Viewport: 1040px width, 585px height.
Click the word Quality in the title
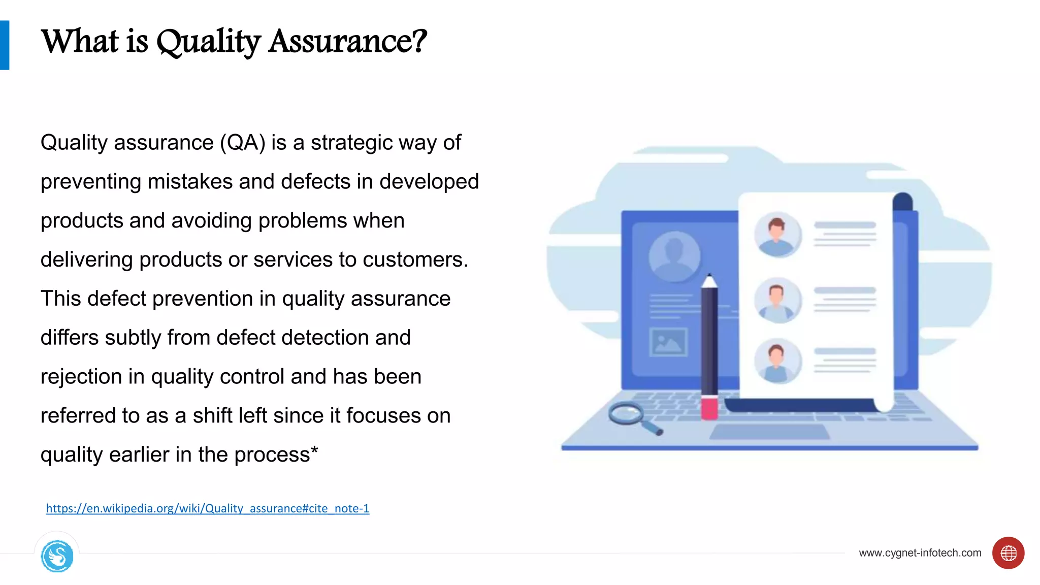click(208, 42)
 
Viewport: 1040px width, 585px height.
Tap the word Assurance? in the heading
click(348, 42)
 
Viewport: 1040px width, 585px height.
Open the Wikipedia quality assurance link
click(207, 508)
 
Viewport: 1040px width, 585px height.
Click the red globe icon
click(1008, 553)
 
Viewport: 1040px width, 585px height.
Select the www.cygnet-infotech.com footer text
click(920, 553)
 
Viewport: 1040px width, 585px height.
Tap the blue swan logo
click(57, 556)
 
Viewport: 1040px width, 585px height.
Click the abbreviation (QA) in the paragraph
click(242, 143)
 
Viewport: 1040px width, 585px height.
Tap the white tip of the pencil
click(709, 280)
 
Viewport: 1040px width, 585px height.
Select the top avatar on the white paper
click(777, 235)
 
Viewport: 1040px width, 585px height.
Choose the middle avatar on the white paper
click(777, 301)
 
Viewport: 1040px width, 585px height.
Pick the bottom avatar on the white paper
click(777, 361)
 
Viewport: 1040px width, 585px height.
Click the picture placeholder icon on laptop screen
click(668, 342)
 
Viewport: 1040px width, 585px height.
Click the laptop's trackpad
click(769, 432)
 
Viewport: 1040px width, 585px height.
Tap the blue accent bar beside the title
click(5, 45)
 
